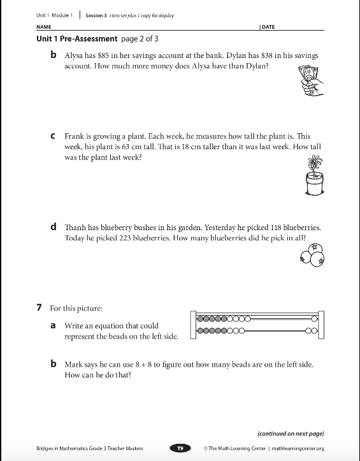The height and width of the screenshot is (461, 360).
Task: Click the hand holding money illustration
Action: (x=311, y=80)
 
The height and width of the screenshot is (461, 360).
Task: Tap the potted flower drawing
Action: (x=315, y=175)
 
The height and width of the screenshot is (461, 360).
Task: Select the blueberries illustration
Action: (x=312, y=255)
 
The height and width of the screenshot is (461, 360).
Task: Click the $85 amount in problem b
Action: (x=103, y=55)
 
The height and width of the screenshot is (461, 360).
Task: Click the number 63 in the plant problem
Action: (x=126, y=147)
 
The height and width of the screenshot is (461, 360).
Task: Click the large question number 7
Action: (x=40, y=308)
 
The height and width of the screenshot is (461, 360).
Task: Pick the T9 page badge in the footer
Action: (x=180, y=448)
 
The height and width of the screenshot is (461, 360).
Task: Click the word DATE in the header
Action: (x=268, y=27)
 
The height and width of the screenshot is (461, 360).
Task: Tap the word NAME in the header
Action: (x=44, y=27)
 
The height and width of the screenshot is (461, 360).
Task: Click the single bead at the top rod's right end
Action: (x=315, y=319)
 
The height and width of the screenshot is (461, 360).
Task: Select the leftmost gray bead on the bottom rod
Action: (x=200, y=331)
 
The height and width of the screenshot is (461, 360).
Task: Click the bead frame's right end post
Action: (x=321, y=325)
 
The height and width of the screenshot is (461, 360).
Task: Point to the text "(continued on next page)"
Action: (x=291, y=434)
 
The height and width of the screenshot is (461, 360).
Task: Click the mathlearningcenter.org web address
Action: (x=298, y=448)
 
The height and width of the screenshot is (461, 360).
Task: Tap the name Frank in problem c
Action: (x=75, y=136)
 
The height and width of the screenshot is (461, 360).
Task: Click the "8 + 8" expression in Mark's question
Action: (x=144, y=365)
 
